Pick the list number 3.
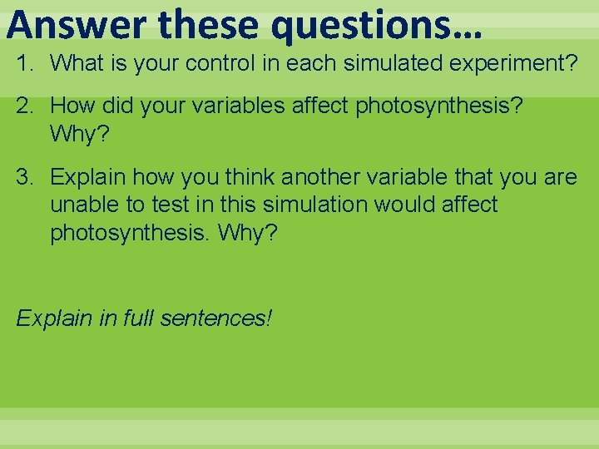[27, 177]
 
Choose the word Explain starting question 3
[88, 177]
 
